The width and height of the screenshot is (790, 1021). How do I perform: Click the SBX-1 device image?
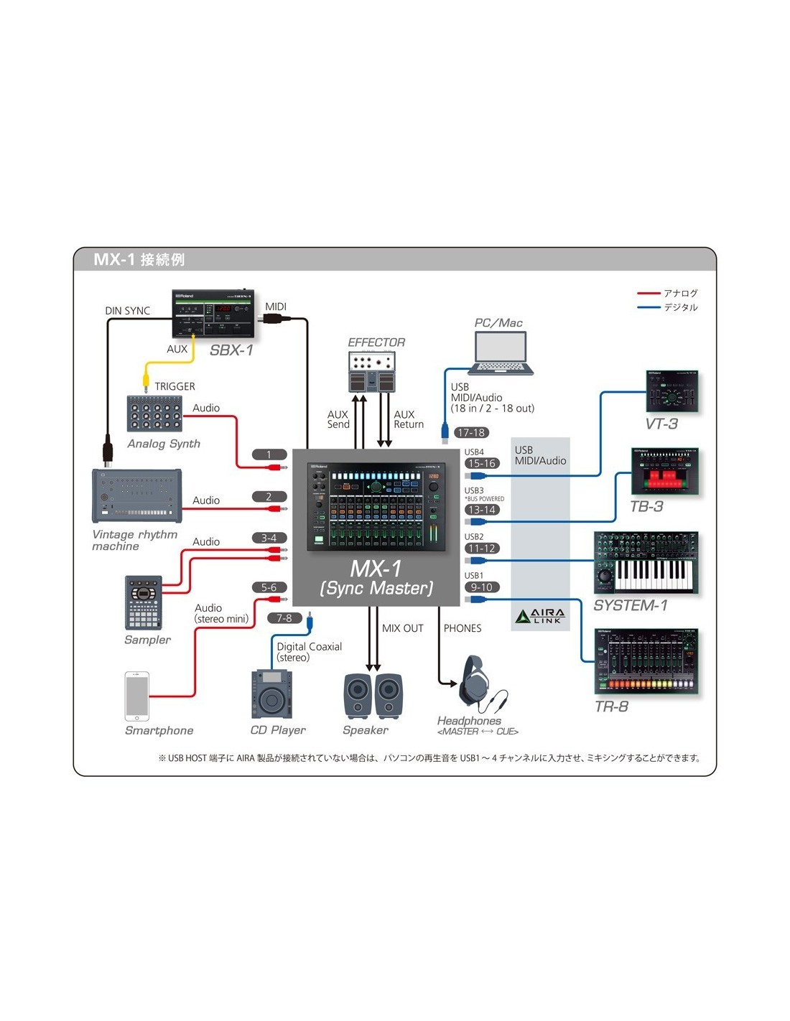coord(213,314)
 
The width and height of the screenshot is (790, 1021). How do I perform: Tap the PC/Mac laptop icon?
coord(501,353)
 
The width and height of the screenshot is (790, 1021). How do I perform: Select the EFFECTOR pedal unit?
coord(371,372)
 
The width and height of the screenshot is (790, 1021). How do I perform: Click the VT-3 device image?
coord(672,391)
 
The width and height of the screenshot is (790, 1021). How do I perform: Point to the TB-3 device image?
coord(664,471)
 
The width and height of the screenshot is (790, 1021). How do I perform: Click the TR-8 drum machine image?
coord(646,661)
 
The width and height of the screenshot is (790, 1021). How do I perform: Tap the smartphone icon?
coord(137,696)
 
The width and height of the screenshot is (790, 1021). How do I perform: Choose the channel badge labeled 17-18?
coord(471,432)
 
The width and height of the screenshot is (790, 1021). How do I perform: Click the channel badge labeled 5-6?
coord(269,587)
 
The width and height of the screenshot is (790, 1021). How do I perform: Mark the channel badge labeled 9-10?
coord(481,587)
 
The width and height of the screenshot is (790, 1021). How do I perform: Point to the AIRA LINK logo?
coord(540,616)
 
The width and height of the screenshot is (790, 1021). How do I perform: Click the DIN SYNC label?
coord(127,311)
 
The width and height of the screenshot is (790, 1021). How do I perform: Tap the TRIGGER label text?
coord(175,386)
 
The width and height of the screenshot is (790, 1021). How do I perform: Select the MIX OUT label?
coord(402,628)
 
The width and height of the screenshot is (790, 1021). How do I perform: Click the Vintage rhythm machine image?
coord(136,496)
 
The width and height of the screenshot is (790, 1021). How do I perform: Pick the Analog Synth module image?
coord(154,413)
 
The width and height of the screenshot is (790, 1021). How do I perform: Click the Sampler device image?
coord(143,602)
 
